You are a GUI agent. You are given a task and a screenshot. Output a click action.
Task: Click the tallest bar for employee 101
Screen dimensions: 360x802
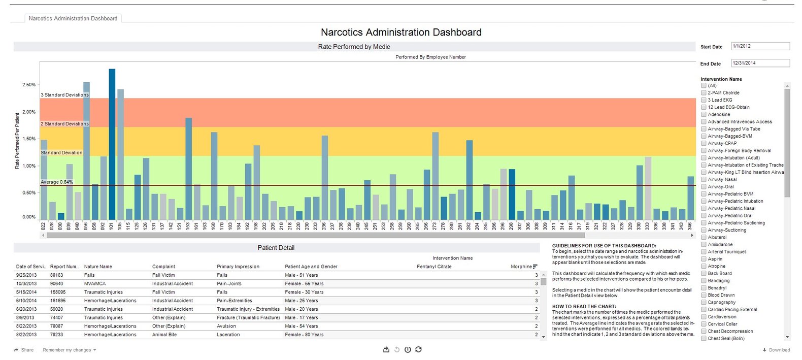pos(112,145)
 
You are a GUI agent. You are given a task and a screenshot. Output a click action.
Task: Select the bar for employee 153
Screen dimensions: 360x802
pos(188,168)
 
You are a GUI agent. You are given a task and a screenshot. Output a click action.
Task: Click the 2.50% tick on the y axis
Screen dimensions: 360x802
pos(29,85)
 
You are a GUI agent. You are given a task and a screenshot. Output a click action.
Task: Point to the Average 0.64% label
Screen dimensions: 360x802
pos(57,182)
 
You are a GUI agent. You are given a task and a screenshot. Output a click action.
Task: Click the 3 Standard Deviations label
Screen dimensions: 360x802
pos(64,95)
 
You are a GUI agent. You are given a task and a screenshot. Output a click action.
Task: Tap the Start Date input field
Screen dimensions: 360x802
pos(760,46)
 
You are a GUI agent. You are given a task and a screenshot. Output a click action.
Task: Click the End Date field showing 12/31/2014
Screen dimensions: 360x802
pos(760,63)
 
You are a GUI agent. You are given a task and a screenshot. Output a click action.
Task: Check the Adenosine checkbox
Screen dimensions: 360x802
pos(704,115)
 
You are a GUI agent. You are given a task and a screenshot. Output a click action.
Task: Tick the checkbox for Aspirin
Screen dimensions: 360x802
pos(704,259)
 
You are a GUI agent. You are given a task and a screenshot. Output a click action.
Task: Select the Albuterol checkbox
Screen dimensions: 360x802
pos(704,237)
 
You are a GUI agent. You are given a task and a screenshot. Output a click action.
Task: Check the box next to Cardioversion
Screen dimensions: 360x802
pos(704,317)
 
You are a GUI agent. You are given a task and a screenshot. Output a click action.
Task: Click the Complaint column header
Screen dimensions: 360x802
pos(163,267)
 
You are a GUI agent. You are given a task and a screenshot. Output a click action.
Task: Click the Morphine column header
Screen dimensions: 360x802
pos(521,267)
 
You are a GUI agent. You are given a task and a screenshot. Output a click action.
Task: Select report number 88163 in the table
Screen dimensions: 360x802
pos(56,275)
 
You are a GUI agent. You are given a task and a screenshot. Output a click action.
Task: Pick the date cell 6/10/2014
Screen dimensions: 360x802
pos(26,301)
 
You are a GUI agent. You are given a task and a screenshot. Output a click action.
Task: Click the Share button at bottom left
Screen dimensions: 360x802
pos(24,350)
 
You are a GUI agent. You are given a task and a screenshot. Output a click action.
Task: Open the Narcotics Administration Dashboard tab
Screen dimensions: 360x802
pos(73,18)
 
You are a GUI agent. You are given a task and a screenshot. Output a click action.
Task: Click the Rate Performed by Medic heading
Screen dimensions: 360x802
pos(354,47)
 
